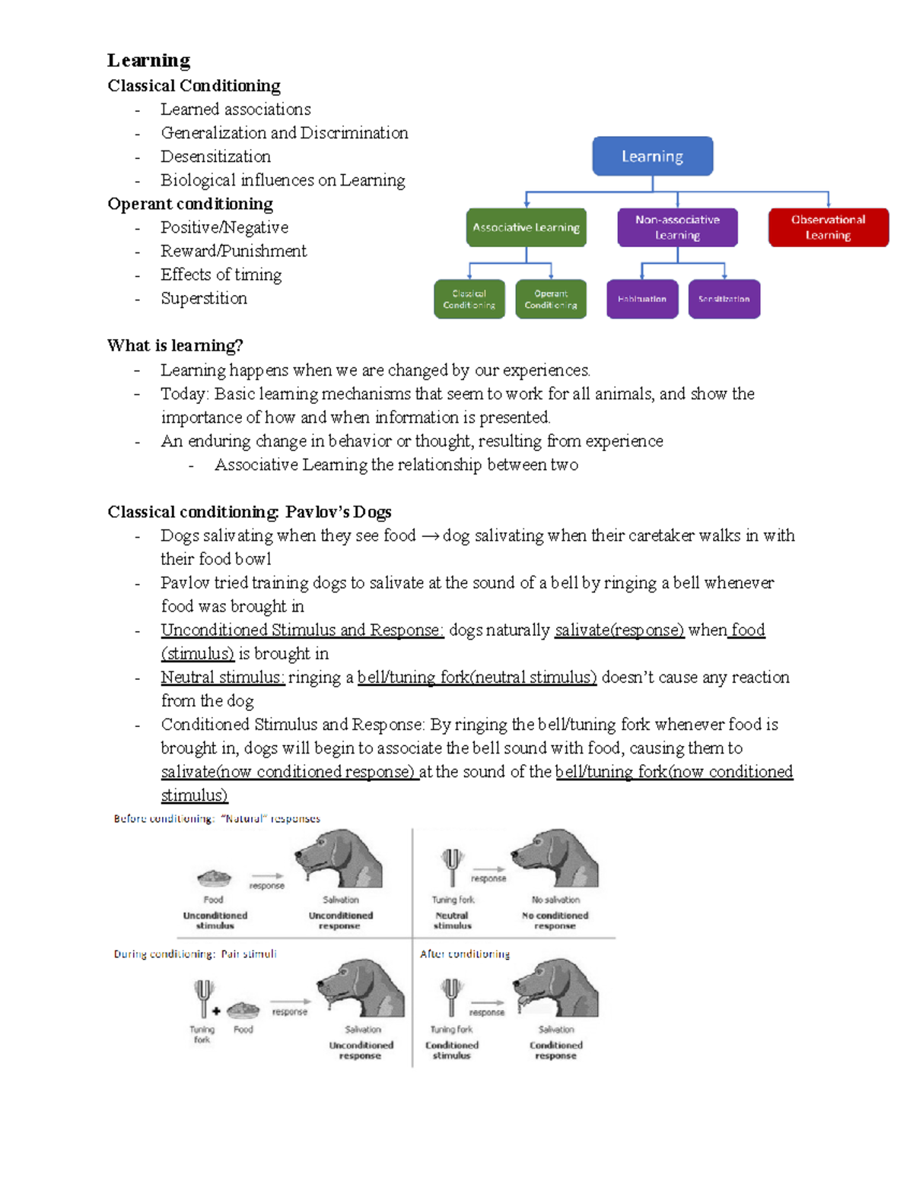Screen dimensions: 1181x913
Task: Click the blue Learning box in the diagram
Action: [x=652, y=156]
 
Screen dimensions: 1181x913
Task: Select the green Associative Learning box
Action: [x=526, y=227]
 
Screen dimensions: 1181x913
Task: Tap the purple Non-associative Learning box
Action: [x=677, y=227]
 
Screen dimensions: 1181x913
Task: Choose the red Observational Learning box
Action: [x=828, y=227]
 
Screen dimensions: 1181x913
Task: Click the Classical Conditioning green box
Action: [x=469, y=299]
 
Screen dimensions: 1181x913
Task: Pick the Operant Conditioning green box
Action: [x=550, y=299]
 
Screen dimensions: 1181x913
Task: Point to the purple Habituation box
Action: [x=641, y=299]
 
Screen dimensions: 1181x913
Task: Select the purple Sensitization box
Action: [x=724, y=299]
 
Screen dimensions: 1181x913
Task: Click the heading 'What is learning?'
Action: [x=175, y=346]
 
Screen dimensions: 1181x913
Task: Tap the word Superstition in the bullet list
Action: [x=203, y=298]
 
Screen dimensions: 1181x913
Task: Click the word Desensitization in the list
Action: [x=215, y=157]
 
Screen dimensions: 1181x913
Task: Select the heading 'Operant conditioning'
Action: [x=190, y=204]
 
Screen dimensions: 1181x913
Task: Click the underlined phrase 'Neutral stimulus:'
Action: [x=222, y=677]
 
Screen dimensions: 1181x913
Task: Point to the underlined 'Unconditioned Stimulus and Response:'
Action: [x=302, y=630]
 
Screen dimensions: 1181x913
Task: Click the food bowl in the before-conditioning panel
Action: [x=214, y=878]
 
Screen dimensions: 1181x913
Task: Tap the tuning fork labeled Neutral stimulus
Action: [x=452, y=865]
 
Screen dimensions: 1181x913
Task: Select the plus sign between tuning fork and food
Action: [x=217, y=1011]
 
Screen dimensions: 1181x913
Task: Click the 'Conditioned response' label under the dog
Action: [x=555, y=1050]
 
